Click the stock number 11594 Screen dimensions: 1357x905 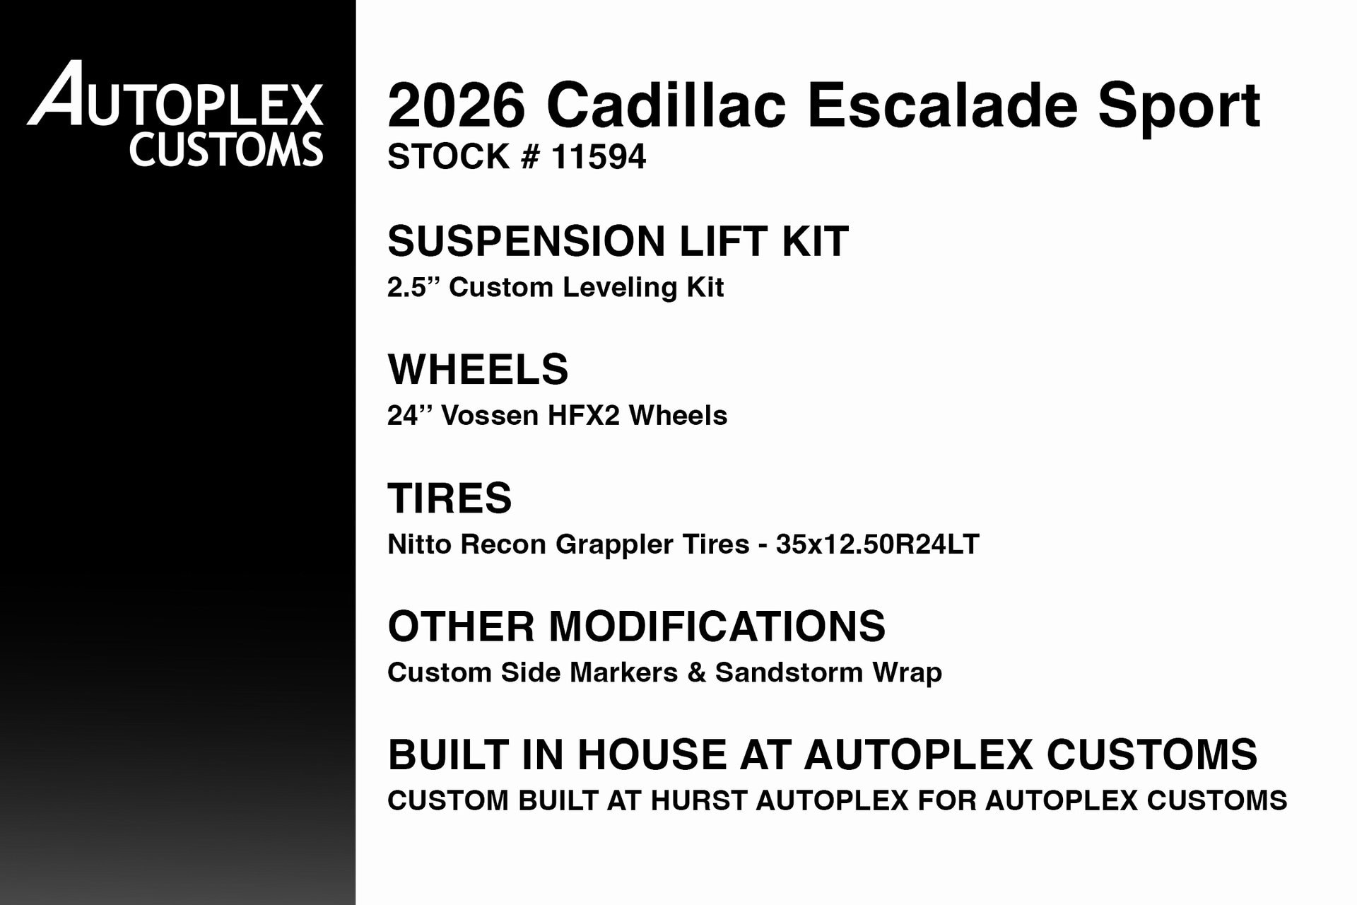598,156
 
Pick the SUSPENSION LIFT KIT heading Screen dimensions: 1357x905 618,241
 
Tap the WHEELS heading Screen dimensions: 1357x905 478,369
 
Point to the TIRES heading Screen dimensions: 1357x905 450,498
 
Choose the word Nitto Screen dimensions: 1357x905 420,544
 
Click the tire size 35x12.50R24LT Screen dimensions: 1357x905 877,544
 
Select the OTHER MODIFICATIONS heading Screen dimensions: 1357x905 636,626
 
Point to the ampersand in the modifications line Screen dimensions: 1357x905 696,672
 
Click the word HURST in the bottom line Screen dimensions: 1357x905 699,800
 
